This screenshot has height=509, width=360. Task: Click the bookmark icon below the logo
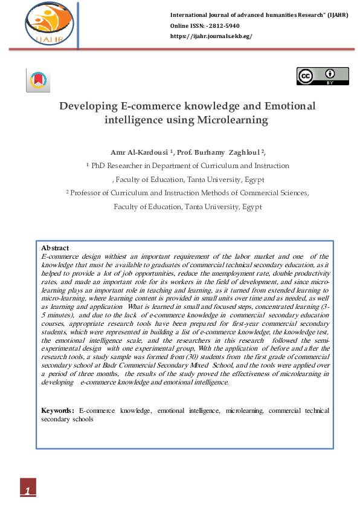point(38,81)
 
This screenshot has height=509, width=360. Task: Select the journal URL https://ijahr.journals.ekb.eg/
point(211,36)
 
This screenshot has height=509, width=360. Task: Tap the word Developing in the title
point(88,106)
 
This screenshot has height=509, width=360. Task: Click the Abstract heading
point(54,248)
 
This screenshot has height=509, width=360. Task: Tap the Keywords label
point(57,410)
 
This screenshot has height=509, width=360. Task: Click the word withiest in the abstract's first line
point(104,256)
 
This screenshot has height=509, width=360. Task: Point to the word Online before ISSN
point(181,25)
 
